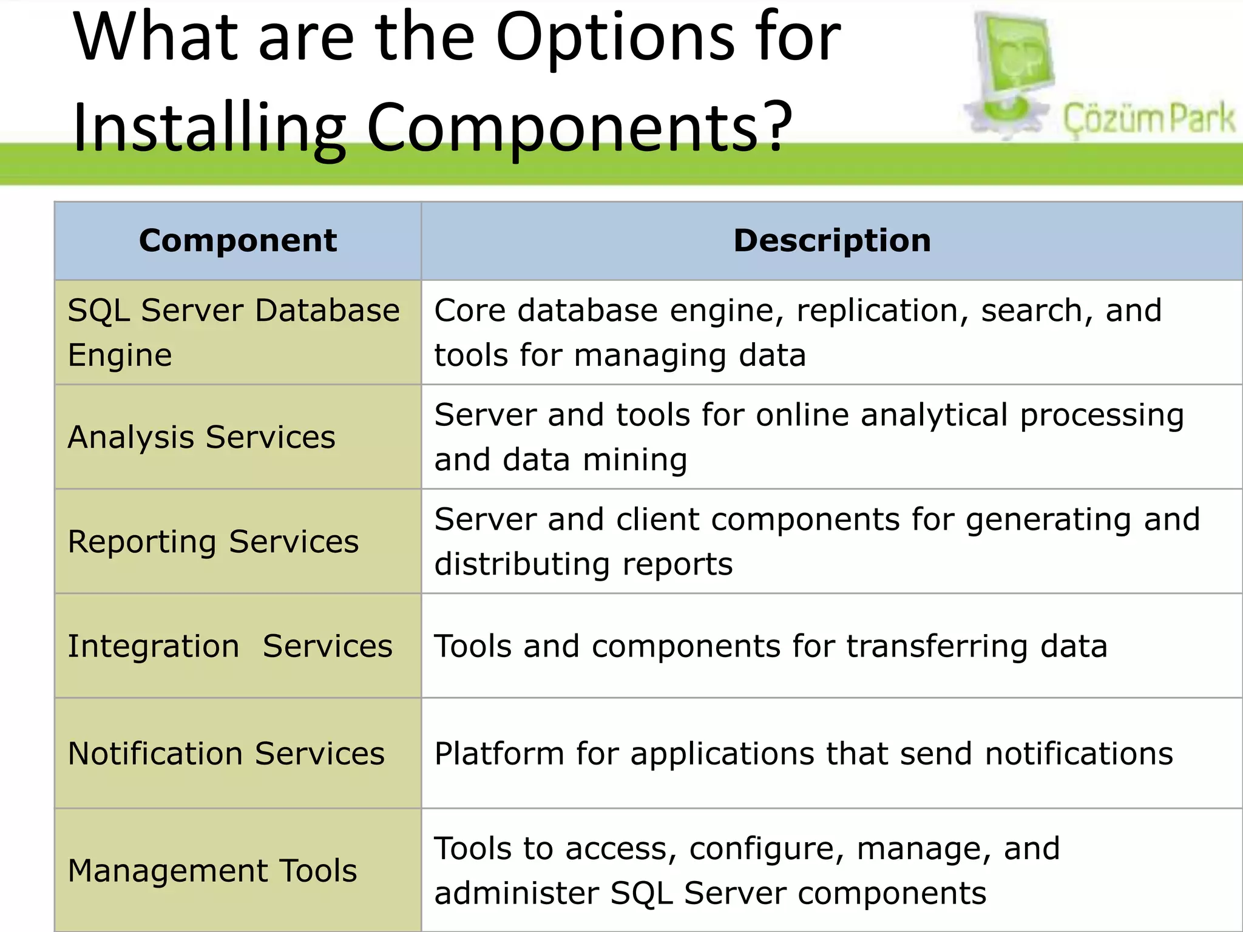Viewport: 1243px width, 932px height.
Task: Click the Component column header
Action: coord(237,240)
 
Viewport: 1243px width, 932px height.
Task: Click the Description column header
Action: coord(831,240)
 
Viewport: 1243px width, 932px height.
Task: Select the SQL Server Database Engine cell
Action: coord(234,332)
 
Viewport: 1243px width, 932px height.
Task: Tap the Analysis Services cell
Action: coord(202,437)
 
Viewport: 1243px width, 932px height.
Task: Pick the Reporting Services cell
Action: coord(213,541)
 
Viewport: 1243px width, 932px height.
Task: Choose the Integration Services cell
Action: coord(230,646)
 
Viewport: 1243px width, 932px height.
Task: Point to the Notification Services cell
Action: coord(226,753)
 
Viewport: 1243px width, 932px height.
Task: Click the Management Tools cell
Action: coord(212,870)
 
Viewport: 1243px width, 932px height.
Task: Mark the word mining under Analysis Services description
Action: coord(635,459)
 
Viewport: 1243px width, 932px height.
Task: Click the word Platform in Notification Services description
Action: coord(500,754)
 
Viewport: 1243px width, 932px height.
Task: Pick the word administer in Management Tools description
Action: coord(517,893)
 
